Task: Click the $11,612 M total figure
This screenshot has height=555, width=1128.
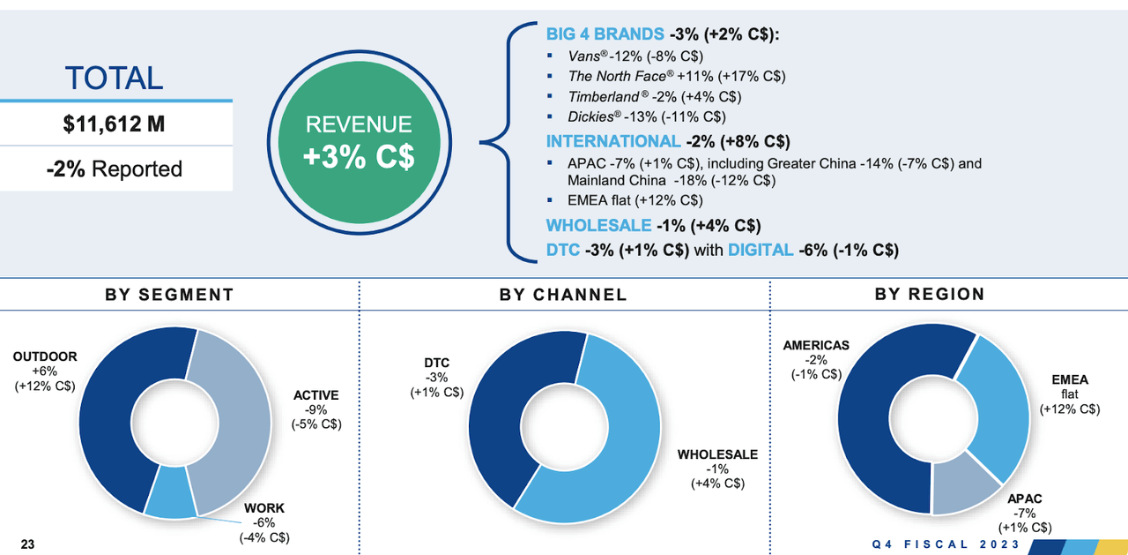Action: pyautogui.click(x=115, y=124)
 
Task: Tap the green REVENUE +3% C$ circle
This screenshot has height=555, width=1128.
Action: pyautogui.click(x=358, y=141)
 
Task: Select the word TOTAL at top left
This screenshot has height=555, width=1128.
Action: pyautogui.click(x=115, y=78)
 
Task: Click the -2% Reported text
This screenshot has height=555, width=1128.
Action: pyautogui.click(x=115, y=169)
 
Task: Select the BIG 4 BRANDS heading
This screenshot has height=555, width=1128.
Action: pyautogui.click(x=605, y=34)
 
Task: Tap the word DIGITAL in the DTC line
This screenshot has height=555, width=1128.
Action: pyautogui.click(x=761, y=250)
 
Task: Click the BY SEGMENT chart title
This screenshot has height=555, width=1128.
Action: pyautogui.click(x=170, y=295)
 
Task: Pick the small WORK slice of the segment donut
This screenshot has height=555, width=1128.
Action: pyautogui.click(x=171, y=501)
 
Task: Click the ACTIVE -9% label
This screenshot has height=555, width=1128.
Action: pyautogui.click(x=315, y=409)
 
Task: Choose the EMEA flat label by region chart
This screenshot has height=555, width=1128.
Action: pyautogui.click(x=1069, y=394)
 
